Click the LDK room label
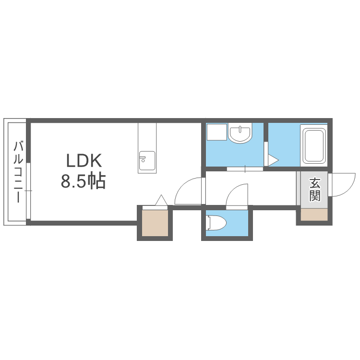pyautogui.click(x=84, y=160)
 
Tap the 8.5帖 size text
pyautogui.click(x=83, y=180)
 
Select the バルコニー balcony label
pyautogui.click(x=18, y=172)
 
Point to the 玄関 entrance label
pyautogui.click(x=314, y=190)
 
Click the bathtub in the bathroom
pyautogui.click(x=313, y=146)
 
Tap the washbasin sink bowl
pyautogui.click(x=240, y=133)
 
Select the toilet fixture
pyautogui.click(x=216, y=222)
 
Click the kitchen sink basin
pyautogui.click(x=147, y=161)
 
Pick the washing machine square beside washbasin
pyautogui.click(x=217, y=132)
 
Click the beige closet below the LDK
pyautogui.click(x=155, y=223)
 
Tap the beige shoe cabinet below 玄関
pyautogui.click(x=314, y=215)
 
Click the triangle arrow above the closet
pyautogui.click(x=161, y=200)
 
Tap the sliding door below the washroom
pyautogui.click(x=245, y=169)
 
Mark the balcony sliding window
pyautogui.click(x=28, y=191)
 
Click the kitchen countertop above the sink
pyautogui.click(x=147, y=137)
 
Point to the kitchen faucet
pyautogui.click(x=143, y=159)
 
